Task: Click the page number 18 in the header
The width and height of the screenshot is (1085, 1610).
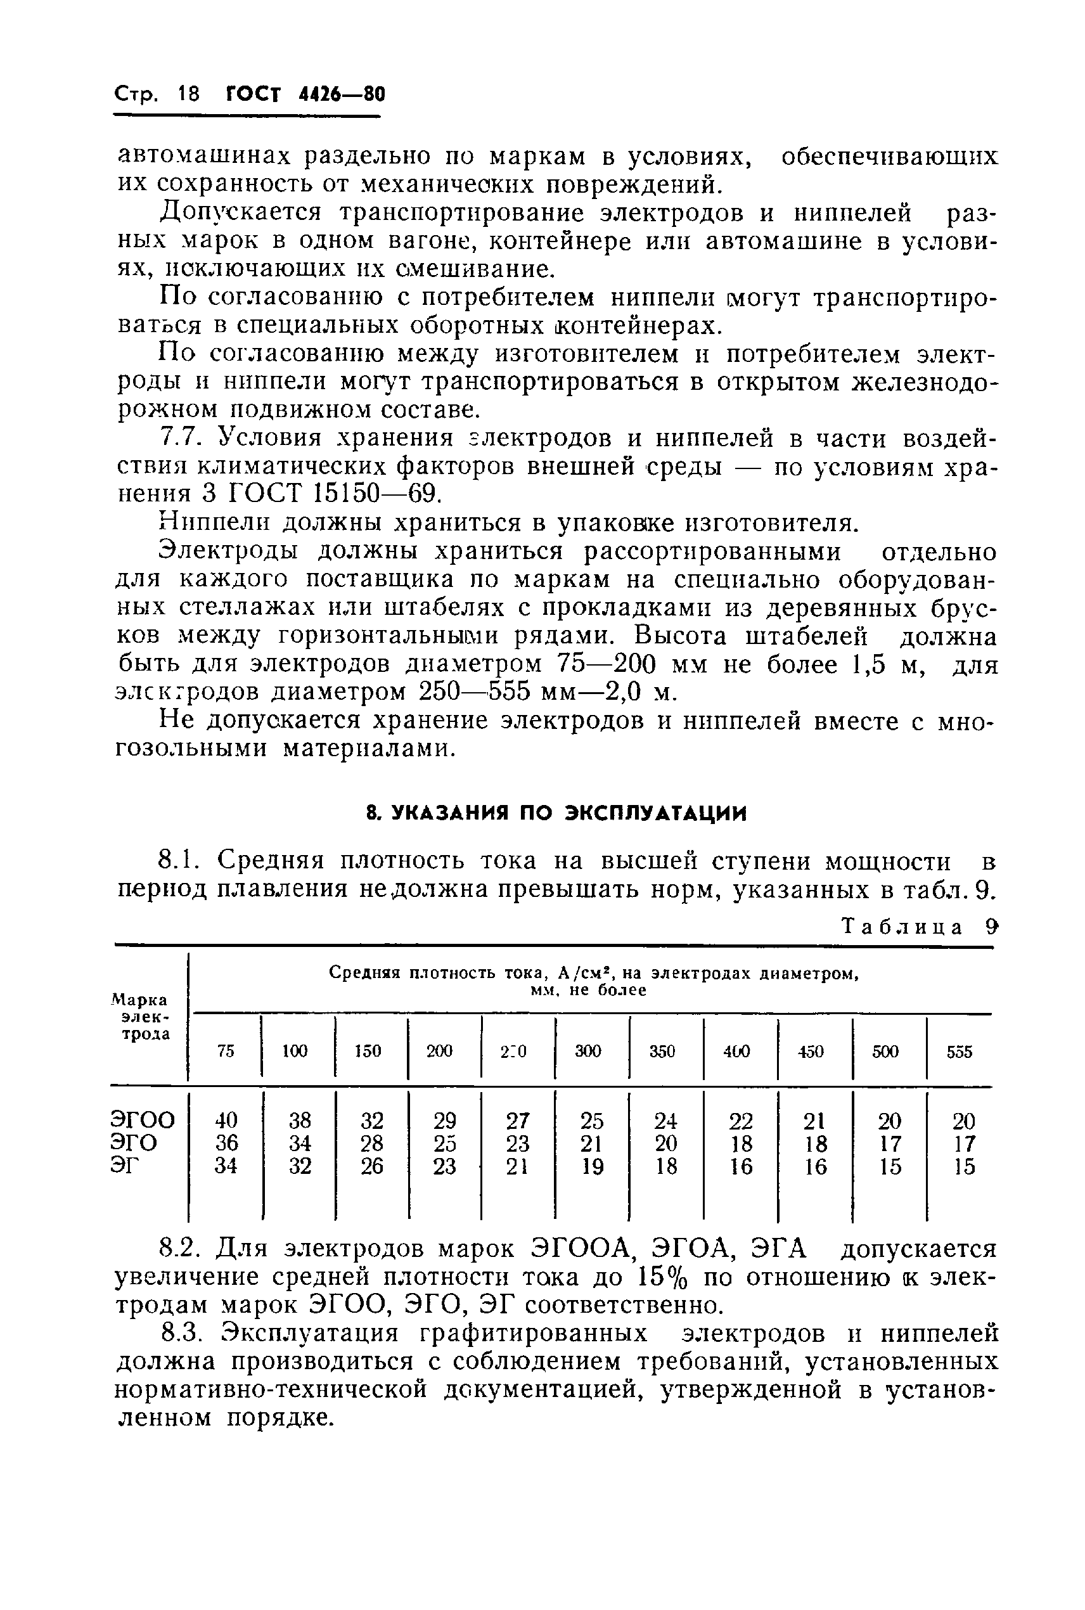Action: point(188,93)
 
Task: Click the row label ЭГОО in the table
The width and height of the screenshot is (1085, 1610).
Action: point(143,1119)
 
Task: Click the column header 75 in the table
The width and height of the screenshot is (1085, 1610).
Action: point(226,1051)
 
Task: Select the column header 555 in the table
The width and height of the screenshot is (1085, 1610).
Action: point(959,1052)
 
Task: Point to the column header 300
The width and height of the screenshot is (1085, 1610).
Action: point(588,1051)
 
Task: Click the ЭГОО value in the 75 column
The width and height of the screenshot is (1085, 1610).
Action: point(226,1119)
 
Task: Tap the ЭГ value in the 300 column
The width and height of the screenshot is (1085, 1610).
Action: point(592,1166)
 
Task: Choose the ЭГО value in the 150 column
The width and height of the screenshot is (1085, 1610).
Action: point(371,1143)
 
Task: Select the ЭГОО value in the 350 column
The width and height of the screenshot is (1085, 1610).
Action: point(665,1119)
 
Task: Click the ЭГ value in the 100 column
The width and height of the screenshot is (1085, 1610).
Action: point(300,1166)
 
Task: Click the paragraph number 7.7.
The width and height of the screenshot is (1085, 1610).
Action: point(179,438)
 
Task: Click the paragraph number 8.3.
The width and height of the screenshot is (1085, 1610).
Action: point(179,1333)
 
